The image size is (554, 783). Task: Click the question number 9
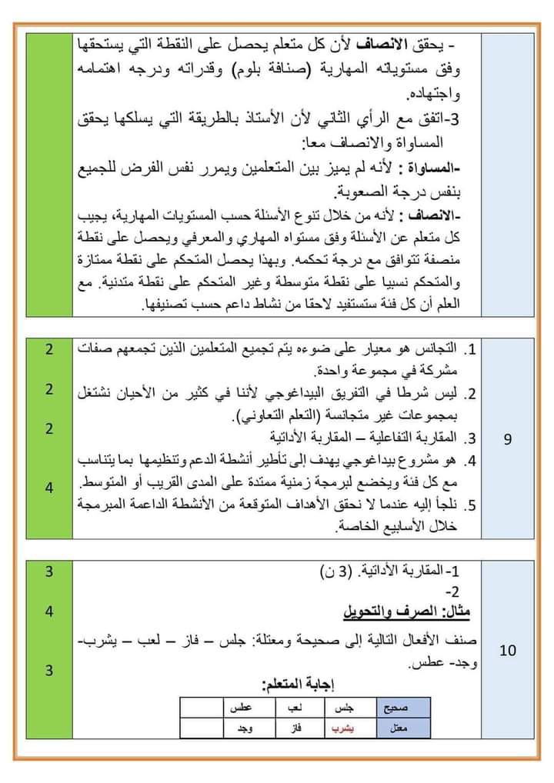click(507, 439)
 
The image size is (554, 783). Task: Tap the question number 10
click(507, 651)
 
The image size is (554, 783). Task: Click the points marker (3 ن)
click(335, 571)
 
